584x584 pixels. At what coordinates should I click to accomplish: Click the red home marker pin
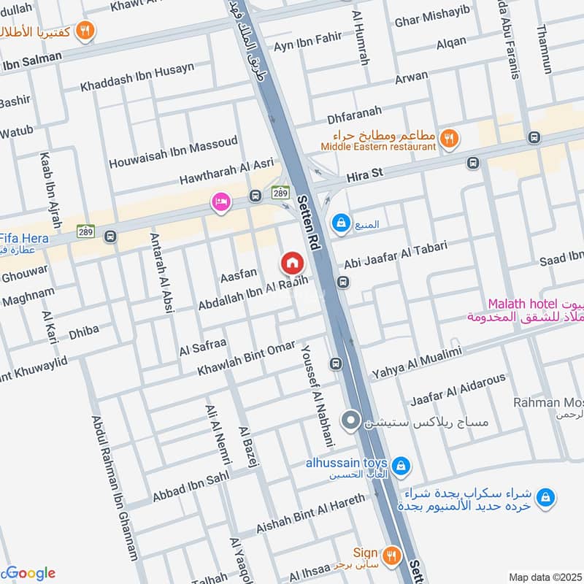(x=292, y=262)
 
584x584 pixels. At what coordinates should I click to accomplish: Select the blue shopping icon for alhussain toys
(x=400, y=465)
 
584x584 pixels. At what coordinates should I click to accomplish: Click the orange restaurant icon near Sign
(x=393, y=557)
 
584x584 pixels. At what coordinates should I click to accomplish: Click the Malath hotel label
(x=520, y=304)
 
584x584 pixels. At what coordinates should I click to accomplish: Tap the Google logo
(x=28, y=573)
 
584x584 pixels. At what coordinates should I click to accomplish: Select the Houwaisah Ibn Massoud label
(x=173, y=153)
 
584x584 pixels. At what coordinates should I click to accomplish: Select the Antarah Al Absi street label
(x=161, y=272)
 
